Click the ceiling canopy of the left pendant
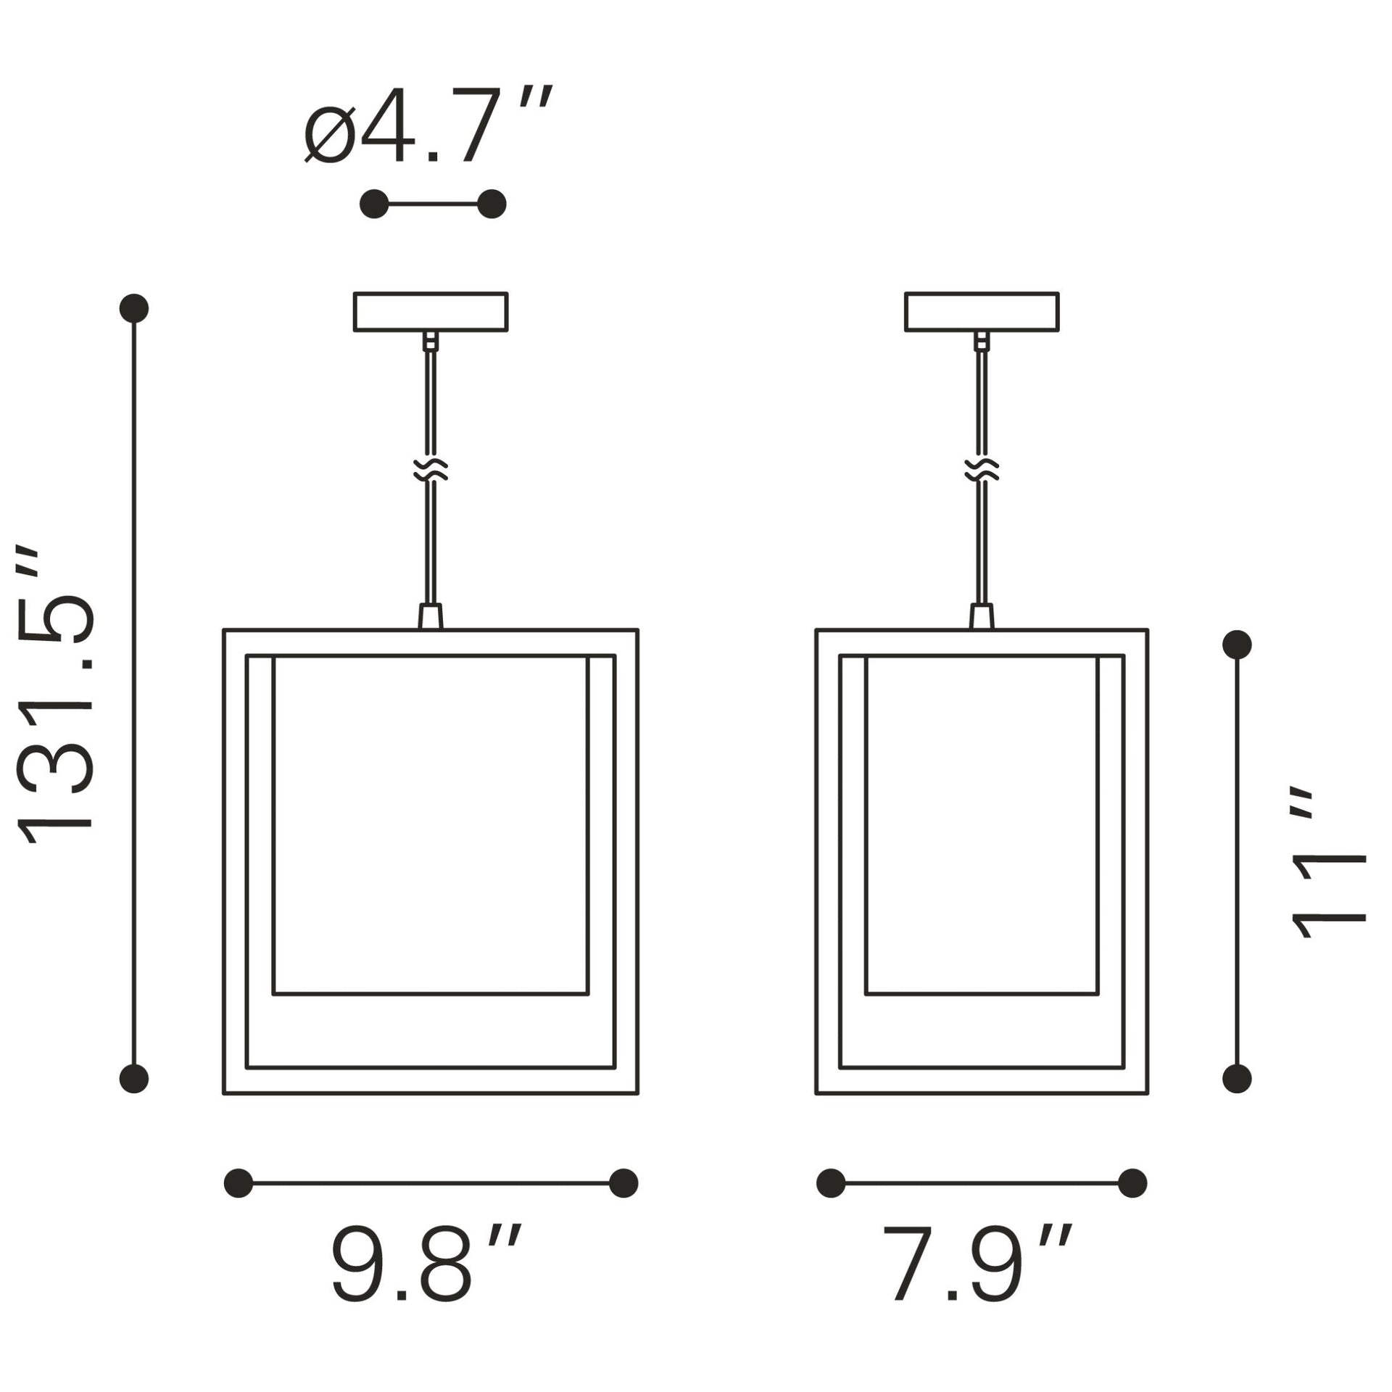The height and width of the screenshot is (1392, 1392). point(431,312)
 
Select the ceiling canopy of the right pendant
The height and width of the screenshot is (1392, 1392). point(982,312)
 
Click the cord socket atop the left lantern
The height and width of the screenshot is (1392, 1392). point(431,617)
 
